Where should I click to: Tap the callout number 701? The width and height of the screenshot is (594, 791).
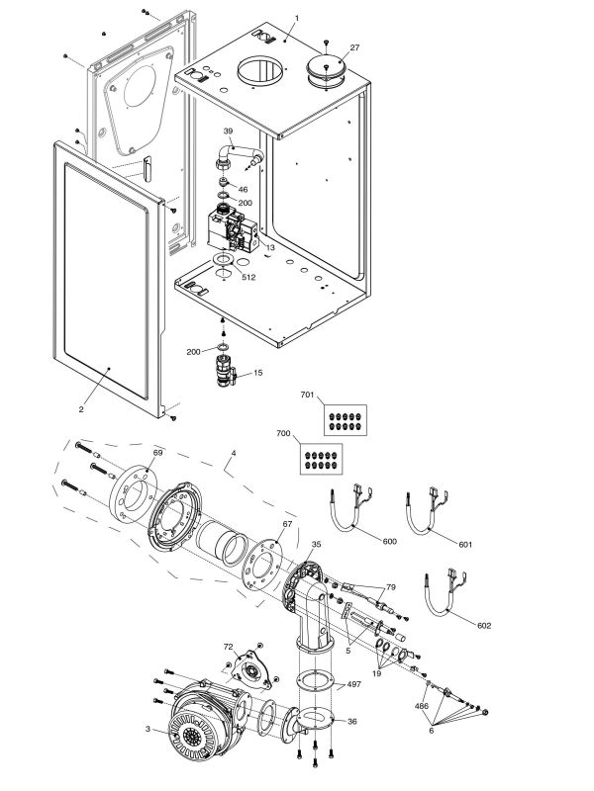tap(307, 395)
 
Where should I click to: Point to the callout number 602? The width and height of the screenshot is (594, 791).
tap(483, 625)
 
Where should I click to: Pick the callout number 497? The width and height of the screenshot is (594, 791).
tap(353, 683)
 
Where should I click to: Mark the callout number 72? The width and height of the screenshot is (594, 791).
tap(227, 646)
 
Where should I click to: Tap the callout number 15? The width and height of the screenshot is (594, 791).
tap(258, 373)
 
